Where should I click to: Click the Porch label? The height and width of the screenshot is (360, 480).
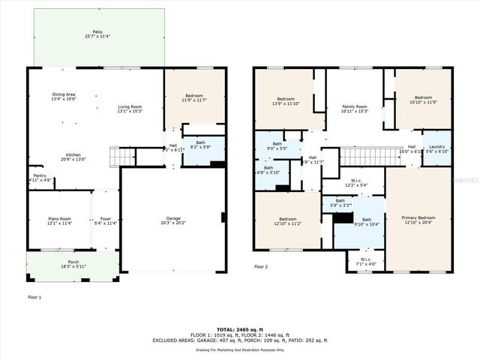[x=72, y=263]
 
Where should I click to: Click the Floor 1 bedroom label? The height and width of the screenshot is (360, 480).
[x=194, y=98]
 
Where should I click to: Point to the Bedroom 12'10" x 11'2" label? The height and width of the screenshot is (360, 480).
[x=288, y=220]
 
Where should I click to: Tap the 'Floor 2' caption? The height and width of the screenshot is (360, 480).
[x=260, y=266]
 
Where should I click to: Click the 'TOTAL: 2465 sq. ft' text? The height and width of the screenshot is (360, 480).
[x=239, y=330]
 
